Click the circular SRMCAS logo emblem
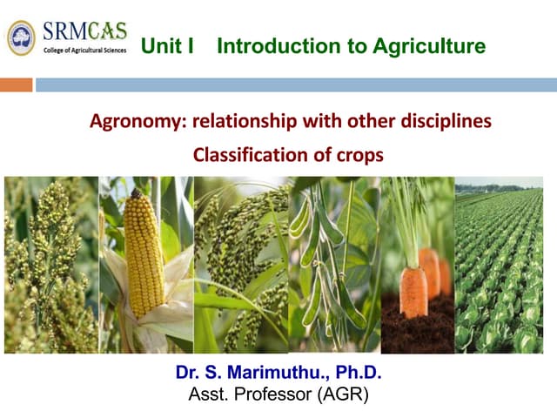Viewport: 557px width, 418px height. tap(21, 37)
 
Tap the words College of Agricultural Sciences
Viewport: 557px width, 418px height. tap(84, 51)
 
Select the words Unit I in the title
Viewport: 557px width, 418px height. tap(166, 47)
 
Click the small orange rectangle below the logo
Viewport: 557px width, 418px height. tap(16, 84)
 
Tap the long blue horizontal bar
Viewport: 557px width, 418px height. tap(296, 84)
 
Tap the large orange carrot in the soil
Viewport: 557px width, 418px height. tap(413, 292)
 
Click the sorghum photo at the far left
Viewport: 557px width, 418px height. tap(50, 265)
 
